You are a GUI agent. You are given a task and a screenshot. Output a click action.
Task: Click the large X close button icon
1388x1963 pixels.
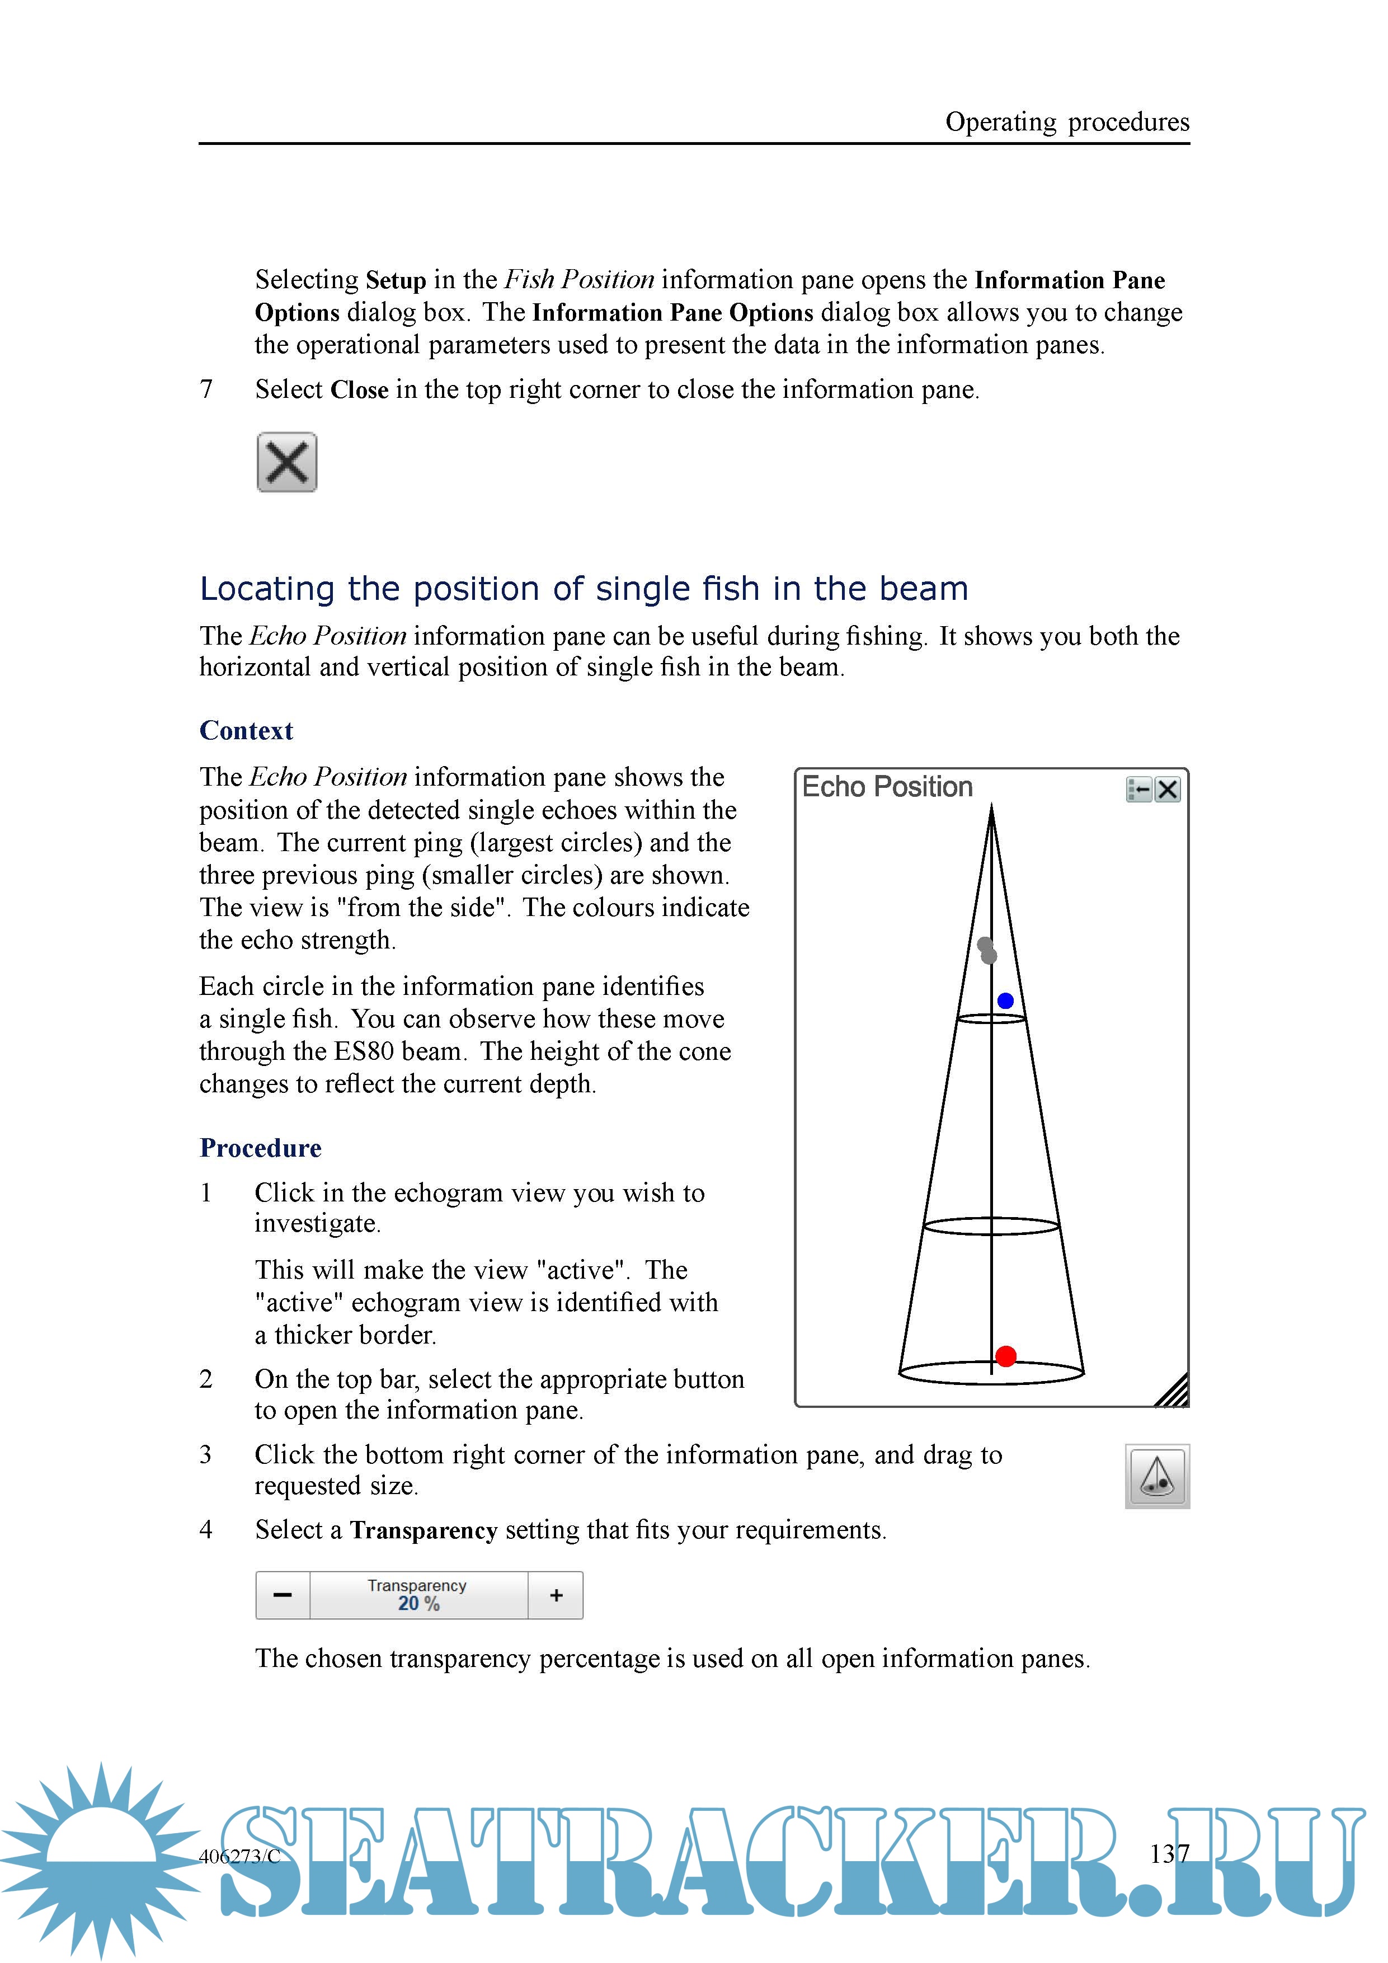286,463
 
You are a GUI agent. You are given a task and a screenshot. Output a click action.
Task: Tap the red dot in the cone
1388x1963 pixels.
1006,1356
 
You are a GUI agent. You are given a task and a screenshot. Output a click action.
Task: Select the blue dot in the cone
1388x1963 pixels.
1005,1001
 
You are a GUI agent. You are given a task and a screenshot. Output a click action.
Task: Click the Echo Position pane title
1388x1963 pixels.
887,787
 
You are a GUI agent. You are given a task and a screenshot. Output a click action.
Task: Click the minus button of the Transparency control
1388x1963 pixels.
283,1595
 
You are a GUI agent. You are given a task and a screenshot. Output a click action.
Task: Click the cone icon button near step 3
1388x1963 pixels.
1158,1477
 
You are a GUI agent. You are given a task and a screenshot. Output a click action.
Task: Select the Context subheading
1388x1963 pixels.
246,730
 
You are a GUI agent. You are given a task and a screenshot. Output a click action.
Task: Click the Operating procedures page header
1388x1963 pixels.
1067,122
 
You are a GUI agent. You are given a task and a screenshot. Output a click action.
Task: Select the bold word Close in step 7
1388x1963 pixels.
359,390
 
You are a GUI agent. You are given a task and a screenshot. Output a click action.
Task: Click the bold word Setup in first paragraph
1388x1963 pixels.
396,280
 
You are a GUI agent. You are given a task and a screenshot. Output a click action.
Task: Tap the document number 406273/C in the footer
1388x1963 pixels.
240,1856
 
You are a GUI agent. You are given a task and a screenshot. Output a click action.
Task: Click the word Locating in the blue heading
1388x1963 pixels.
267,589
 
